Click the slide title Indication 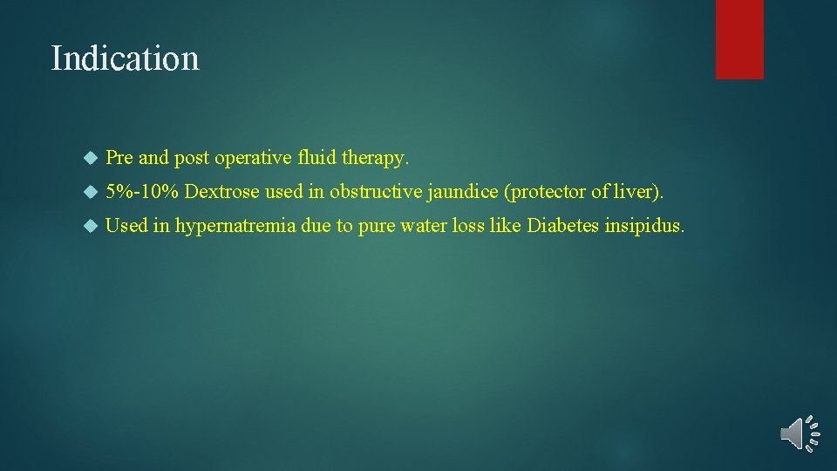point(126,58)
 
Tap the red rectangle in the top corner point(739,39)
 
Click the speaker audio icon point(800,433)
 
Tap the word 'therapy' point(378,159)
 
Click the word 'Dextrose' point(222,192)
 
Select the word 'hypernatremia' point(235,226)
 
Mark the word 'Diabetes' point(562,226)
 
